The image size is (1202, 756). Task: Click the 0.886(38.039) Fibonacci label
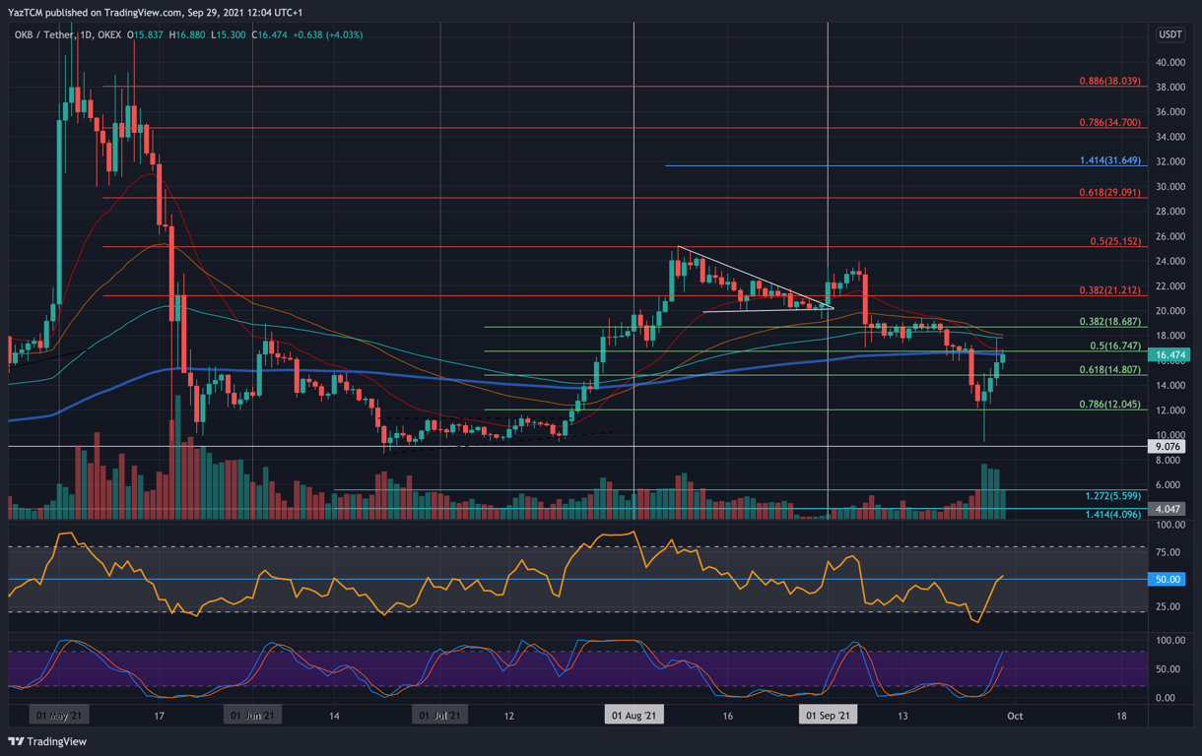[1108, 81]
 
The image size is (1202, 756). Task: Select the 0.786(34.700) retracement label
[1108, 123]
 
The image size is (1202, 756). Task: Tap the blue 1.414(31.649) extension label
[1109, 160]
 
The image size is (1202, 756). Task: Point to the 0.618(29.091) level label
[1108, 193]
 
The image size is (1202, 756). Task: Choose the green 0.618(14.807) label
[1108, 370]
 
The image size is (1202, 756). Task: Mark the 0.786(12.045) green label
[1108, 405]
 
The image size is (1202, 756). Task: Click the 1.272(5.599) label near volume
[1112, 497]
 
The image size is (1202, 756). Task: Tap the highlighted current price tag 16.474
[1169, 354]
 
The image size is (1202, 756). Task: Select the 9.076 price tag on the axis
[1169, 447]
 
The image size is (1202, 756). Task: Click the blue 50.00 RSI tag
[1169, 580]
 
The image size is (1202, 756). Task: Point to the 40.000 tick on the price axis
[1169, 62]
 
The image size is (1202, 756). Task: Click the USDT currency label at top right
[1169, 34]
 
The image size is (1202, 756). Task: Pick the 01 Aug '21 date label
[634, 716]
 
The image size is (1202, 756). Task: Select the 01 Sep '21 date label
[828, 716]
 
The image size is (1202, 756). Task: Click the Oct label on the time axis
[1015, 716]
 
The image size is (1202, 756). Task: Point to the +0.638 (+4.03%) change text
[329, 35]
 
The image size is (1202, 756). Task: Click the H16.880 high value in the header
[188, 35]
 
